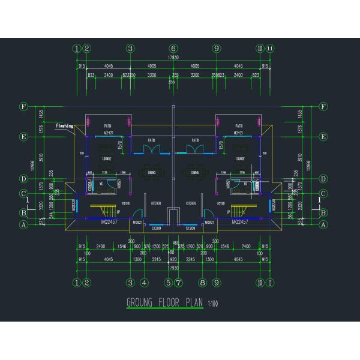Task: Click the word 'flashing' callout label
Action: [64, 126]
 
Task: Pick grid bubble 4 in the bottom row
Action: [144, 282]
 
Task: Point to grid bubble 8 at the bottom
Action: [202, 282]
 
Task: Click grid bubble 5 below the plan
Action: [169, 282]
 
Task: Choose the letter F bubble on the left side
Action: [24, 107]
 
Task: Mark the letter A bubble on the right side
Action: [324, 225]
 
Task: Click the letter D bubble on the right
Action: [324, 179]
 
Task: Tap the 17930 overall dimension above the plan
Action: [173, 58]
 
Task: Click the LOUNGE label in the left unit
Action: [107, 159]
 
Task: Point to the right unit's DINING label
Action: [195, 173]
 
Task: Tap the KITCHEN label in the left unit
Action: [156, 204]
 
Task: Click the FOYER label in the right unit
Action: [221, 204]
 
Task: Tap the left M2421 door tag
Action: [109, 132]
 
